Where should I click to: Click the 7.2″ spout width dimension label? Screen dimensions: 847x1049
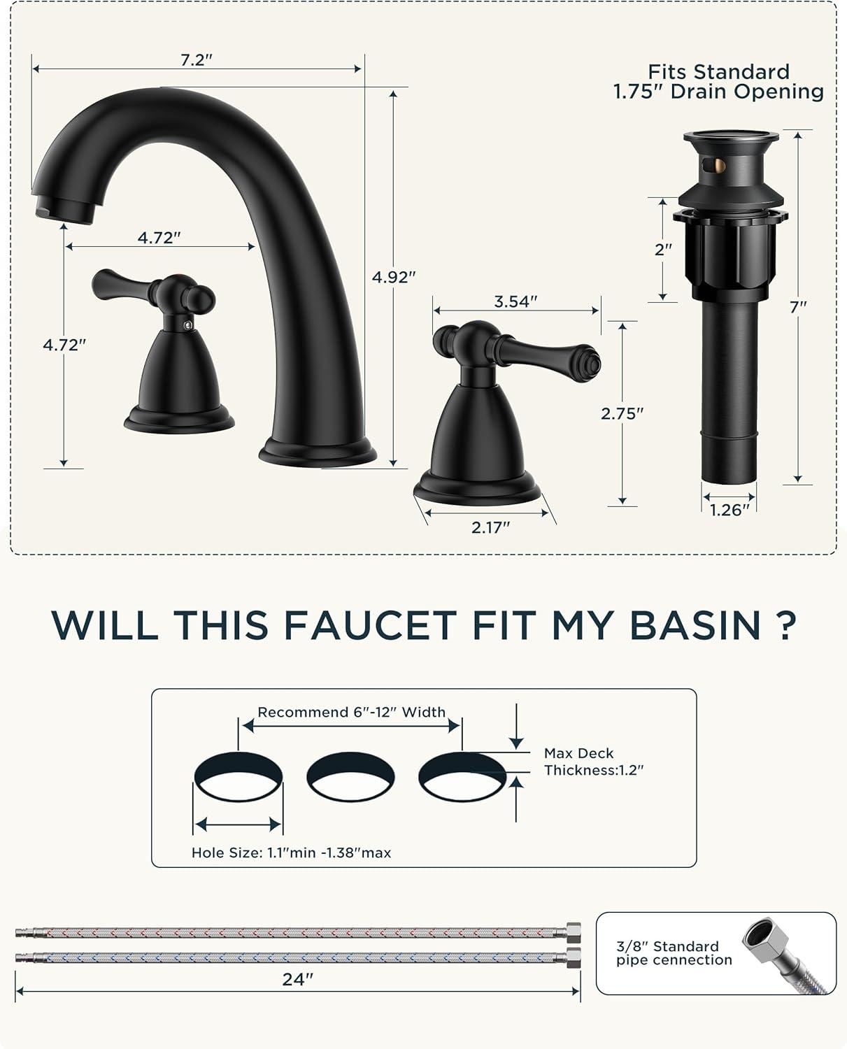(x=196, y=60)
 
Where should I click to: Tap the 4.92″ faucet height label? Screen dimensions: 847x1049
(x=394, y=278)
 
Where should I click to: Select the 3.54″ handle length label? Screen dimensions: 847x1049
(x=515, y=302)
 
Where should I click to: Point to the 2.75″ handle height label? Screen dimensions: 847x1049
(x=622, y=414)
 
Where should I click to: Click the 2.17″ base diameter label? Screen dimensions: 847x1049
(x=490, y=527)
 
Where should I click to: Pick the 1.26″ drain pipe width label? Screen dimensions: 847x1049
(x=729, y=511)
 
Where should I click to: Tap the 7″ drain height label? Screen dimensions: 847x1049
(x=798, y=307)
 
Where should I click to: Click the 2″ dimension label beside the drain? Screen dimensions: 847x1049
(x=663, y=250)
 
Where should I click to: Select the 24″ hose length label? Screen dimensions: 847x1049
(x=297, y=980)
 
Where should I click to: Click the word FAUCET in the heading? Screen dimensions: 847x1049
(x=370, y=626)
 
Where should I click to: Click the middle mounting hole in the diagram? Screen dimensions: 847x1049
(x=350, y=777)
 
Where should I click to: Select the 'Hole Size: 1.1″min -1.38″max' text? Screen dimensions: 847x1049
(x=291, y=853)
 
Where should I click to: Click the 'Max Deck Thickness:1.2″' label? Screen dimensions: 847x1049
(x=593, y=762)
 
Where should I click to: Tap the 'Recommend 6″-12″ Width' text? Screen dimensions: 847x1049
(x=351, y=712)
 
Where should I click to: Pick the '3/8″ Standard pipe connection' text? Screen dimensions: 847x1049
(x=674, y=953)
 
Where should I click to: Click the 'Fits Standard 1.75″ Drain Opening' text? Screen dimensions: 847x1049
(x=718, y=82)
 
